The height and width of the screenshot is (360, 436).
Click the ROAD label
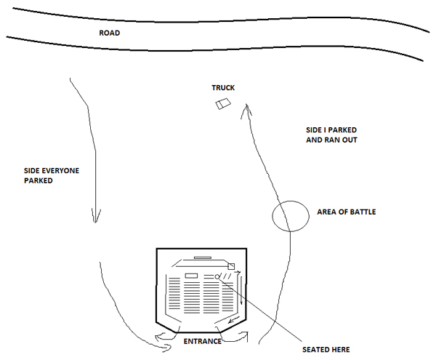109,33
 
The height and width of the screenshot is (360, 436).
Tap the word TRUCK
223,88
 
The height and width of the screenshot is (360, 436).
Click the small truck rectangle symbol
222,104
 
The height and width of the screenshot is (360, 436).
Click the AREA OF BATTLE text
347,212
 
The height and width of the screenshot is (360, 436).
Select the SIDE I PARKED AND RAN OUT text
332,135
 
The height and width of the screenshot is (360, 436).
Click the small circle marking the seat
218,276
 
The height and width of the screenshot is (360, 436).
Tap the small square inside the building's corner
232,267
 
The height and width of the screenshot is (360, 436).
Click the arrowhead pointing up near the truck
248,111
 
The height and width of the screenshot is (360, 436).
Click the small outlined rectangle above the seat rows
191,276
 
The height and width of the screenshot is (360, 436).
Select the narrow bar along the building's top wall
202,257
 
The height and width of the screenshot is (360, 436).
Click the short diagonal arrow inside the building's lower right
234,321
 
